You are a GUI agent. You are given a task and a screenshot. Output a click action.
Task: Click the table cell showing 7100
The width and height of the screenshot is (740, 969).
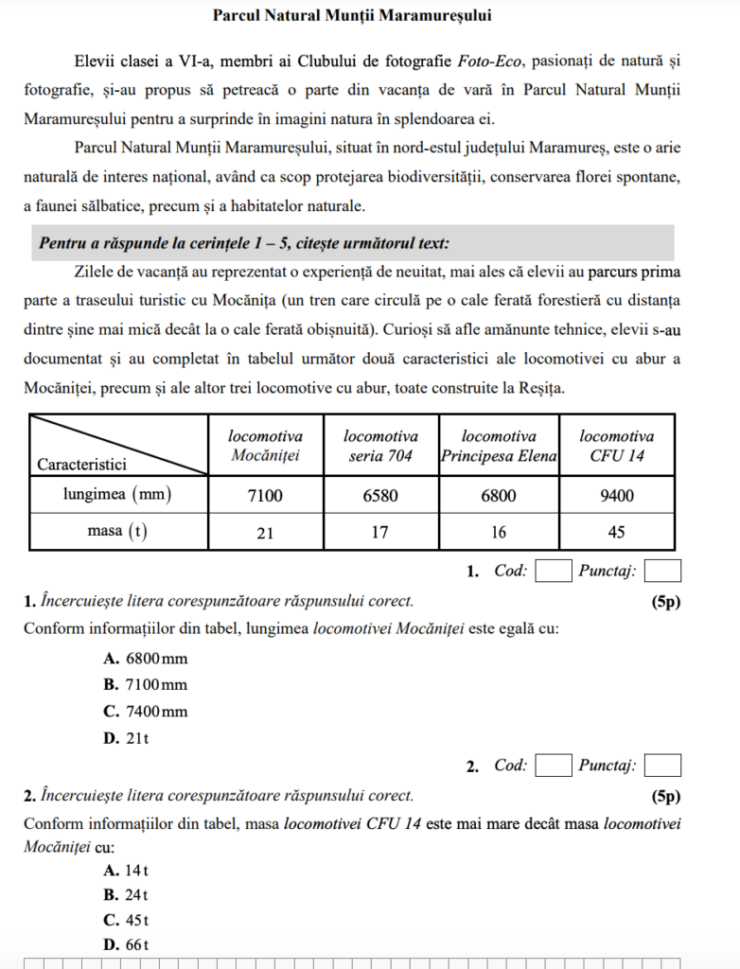pos(265,494)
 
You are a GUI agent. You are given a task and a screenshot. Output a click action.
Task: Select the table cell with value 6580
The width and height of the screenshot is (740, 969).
pos(380,494)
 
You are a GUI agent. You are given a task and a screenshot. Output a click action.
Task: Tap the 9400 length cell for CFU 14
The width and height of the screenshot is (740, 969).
pos(616,494)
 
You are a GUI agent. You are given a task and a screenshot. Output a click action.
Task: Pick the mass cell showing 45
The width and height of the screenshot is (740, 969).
pos(616,532)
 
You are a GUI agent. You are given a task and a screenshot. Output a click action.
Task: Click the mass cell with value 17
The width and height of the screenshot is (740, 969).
pos(380,532)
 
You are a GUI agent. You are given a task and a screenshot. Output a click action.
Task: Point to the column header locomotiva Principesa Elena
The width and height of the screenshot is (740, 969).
pos(499,446)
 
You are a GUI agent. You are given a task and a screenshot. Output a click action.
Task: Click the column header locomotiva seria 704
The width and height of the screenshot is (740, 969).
pos(380,446)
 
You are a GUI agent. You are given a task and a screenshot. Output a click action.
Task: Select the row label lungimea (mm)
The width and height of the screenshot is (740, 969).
pos(118,494)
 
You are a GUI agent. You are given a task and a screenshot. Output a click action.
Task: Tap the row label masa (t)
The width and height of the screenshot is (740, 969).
pos(118,532)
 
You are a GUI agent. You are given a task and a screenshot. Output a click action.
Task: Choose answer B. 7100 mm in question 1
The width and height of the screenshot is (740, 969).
pos(146,684)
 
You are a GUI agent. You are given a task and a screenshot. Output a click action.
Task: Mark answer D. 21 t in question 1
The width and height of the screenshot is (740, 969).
pos(127,738)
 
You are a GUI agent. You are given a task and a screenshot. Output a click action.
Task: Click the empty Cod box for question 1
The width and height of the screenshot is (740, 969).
pos(554,571)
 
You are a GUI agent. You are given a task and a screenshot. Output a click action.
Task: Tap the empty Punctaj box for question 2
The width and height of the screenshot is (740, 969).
pos(663,765)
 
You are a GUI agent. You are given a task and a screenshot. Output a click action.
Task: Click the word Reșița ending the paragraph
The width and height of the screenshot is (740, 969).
pos(540,388)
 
